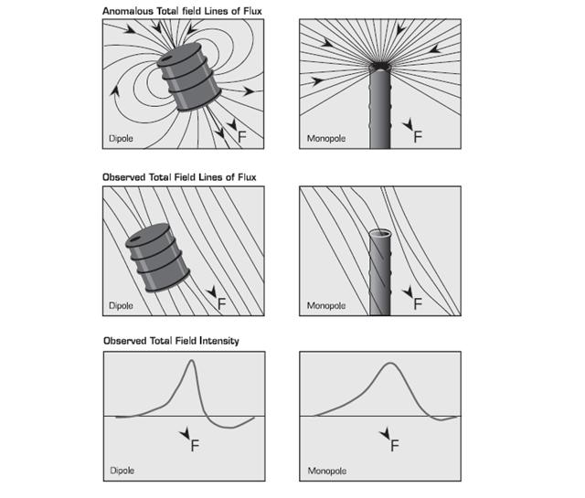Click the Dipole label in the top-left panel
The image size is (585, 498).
tap(121, 140)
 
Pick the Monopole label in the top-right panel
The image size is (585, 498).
tap(324, 140)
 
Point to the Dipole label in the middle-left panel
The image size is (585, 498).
tap(121, 305)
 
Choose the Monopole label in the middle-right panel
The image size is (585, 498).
tap(324, 305)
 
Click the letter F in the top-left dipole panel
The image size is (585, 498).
tap(242, 135)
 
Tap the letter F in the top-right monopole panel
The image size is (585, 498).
tap(418, 136)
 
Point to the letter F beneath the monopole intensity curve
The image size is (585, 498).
tap(395, 446)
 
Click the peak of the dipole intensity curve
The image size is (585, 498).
tap(191, 361)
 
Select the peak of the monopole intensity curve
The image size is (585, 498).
tap(390, 364)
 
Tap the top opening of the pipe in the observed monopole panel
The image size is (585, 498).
tap(381, 235)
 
